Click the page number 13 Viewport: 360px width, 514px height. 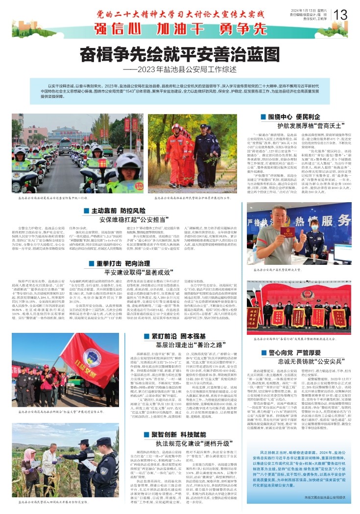pos(341,14)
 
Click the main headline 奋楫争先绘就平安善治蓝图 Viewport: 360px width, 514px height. pos(180,52)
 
